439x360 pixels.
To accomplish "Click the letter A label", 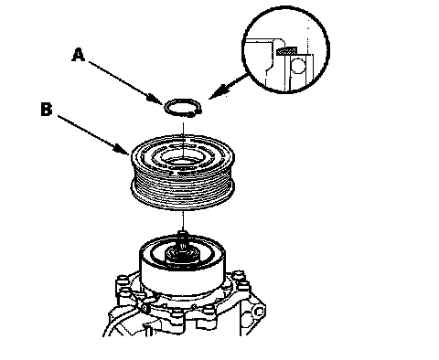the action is pos(79,55).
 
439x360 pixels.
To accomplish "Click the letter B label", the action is pos(47,110).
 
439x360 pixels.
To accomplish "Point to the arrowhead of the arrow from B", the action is pos(122,149).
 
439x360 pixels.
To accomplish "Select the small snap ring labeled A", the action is pos(183,108).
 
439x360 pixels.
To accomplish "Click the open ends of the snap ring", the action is pos(195,113).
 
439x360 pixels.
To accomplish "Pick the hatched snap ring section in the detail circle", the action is pos(286,51).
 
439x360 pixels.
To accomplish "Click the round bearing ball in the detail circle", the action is pos(298,66).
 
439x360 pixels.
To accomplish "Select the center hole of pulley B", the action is pos(182,158).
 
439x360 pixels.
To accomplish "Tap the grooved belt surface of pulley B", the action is pos(183,190).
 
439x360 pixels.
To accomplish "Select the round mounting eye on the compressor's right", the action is pos(259,312).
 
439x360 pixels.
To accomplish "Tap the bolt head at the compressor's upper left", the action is pos(121,280).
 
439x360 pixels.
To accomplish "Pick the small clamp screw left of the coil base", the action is pos(145,308).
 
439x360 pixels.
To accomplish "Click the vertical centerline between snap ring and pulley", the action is pos(183,140).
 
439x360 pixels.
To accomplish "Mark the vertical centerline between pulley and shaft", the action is pos(183,220).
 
